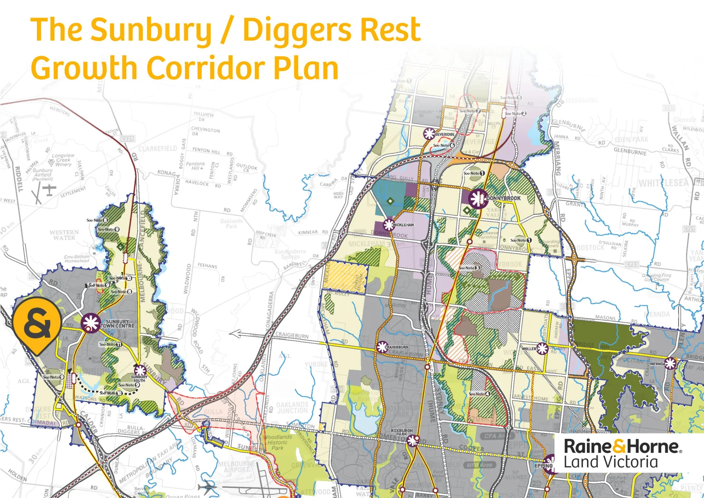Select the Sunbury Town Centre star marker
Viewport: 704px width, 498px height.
91,323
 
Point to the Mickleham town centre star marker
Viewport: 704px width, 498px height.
389,225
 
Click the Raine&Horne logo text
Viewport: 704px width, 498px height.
622,446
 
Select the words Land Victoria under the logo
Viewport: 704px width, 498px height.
611,462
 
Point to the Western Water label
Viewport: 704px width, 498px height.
64,235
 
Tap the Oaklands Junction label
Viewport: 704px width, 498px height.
293,408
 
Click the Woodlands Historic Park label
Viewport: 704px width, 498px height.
278,442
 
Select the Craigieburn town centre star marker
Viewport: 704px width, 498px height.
382,347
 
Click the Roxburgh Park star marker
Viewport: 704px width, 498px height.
412,441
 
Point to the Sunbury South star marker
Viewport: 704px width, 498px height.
140,370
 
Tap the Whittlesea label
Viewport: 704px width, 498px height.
663,183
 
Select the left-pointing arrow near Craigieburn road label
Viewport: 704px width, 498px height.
235,334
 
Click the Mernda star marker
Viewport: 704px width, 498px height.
670,363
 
